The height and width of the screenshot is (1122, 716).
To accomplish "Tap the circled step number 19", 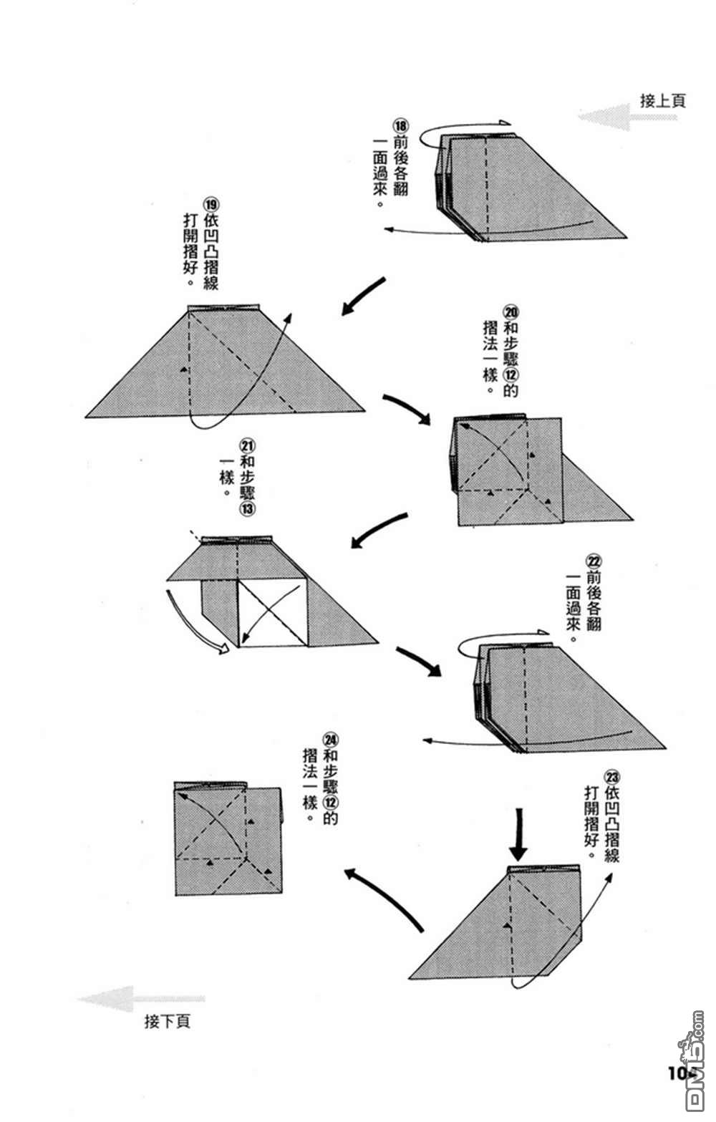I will pyautogui.click(x=211, y=204).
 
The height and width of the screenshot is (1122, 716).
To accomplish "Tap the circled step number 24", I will pyautogui.click(x=329, y=740).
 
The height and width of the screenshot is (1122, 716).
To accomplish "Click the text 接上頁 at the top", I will pyautogui.click(x=662, y=101).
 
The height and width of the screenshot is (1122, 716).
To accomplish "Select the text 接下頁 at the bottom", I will pyautogui.click(x=167, y=1021).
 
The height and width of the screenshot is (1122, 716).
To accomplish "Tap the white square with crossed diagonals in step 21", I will pyautogui.click(x=272, y=613).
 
